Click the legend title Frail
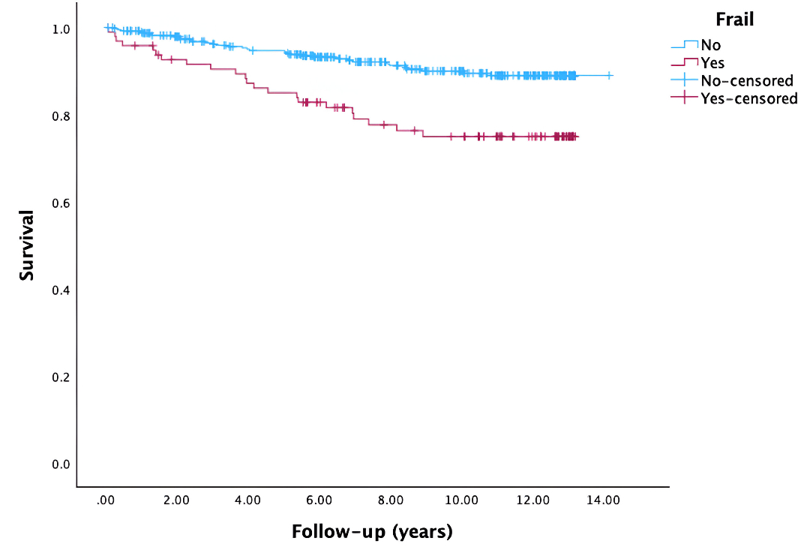point(734,20)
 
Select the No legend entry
point(710,46)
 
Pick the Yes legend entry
point(712,63)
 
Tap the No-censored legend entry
point(746,80)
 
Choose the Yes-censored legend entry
point(748,98)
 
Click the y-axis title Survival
point(27,245)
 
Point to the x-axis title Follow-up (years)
point(372,533)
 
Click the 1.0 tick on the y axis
point(61,29)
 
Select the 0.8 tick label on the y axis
point(61,116)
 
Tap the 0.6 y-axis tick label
point(61,203)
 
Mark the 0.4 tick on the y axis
point(61,290)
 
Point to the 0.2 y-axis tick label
point(61,377)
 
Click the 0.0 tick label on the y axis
point(61,464)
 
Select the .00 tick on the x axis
point(106,500)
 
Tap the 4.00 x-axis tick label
point(247,500)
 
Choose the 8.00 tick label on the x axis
point(390,500)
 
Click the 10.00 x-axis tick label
point(460,500)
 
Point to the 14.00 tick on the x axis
point(603,500)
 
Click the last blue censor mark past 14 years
point(609,76)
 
